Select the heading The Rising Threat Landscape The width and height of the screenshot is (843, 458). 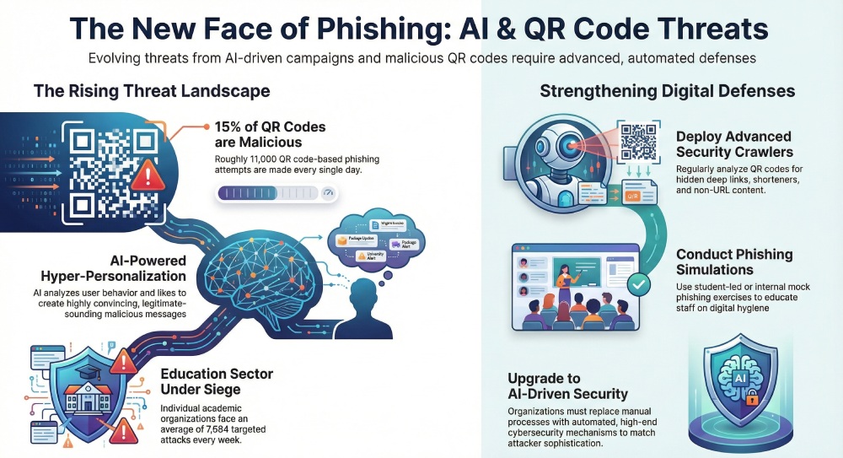[152, 90]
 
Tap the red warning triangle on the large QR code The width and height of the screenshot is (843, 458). [148, 175]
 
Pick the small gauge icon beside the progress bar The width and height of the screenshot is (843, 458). [328, 193]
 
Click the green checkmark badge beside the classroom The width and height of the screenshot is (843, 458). [638, 286]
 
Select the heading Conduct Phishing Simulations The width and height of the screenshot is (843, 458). [734, 262]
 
